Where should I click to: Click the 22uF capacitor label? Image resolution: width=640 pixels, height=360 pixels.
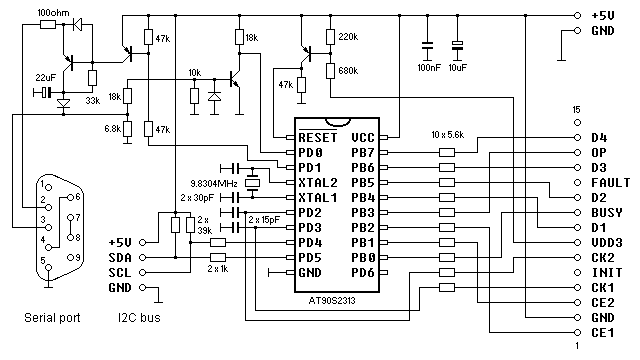coord(46,77)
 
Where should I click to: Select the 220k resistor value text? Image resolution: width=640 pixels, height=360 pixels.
coord(349,37)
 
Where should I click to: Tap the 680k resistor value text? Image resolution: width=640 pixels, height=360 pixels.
coord(349,71)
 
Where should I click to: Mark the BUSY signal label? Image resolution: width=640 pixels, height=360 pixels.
coord(604,213)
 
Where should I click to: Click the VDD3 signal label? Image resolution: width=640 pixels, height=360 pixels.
coord(604,242)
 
